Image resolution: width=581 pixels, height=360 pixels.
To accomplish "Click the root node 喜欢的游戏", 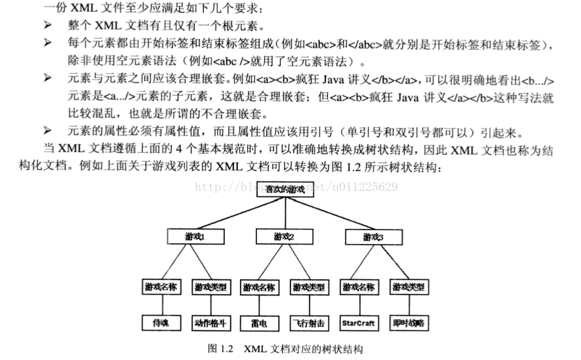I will coord(285,190).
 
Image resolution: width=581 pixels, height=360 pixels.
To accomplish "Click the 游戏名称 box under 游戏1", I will coord(161,287).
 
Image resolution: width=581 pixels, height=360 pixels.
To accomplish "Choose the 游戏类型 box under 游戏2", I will coord(310,287).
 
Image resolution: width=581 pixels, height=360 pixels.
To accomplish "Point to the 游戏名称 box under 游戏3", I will coord(359,287).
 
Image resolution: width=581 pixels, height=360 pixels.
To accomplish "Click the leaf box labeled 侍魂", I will coord(161,323).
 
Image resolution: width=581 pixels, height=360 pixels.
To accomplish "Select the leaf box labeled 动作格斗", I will coord(210,323).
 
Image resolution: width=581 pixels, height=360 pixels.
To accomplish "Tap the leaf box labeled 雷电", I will coord(260,323).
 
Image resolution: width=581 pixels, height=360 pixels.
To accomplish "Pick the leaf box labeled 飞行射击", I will coord(310,323).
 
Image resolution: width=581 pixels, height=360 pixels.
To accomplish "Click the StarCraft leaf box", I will coord(359,323).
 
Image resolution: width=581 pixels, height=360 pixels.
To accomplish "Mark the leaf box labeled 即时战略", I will coord(409,323).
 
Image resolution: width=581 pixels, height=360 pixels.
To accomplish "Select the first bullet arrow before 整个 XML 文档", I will coord(47,26).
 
